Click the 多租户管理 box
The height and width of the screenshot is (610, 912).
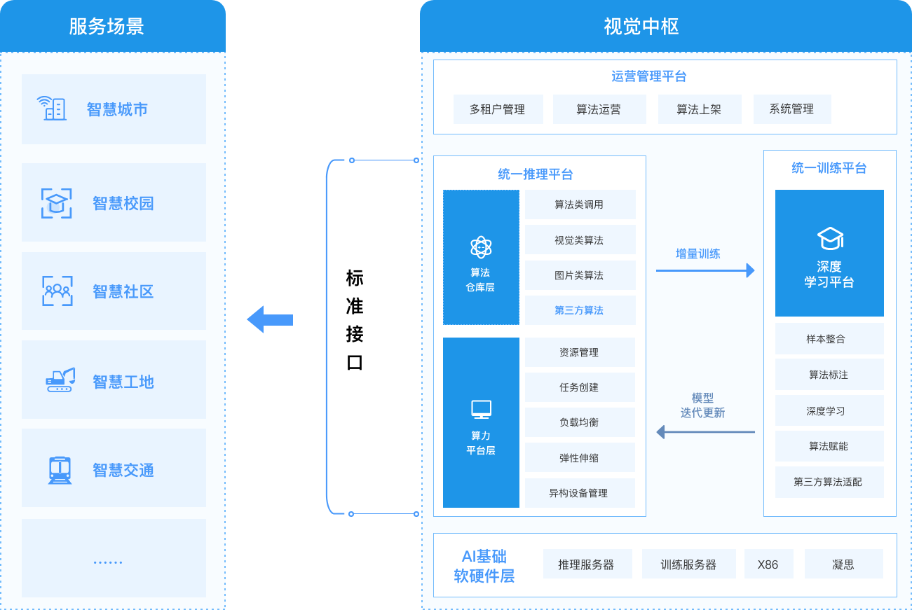[498, 109]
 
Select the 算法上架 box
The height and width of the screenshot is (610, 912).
[699, 109]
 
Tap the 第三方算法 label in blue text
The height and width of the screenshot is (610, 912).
[579, 310]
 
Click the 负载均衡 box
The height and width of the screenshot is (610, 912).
[579, 422]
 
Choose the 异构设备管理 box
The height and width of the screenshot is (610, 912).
[579, 493]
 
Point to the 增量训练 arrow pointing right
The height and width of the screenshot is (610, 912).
[705, 270]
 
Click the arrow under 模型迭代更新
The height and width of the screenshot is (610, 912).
[705, 432]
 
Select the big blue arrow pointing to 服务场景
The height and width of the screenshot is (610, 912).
[270, 319]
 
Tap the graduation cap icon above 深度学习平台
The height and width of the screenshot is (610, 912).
[830, 238]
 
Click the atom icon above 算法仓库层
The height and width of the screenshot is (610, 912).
[481, 247]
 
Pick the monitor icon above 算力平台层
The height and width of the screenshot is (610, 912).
[481, 409]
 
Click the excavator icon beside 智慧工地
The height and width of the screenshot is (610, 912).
[60, 380]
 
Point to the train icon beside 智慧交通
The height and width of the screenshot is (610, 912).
[60, 469]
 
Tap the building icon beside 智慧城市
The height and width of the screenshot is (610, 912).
[52, 108]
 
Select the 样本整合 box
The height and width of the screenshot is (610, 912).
[829, 339]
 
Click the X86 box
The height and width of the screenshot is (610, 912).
[768, 564]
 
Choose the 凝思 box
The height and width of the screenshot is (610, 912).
[843, 564]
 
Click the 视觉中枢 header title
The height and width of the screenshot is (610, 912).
[641, 27]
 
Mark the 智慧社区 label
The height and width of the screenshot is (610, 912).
[123, 292]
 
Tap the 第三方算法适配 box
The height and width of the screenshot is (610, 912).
[829, 482]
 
